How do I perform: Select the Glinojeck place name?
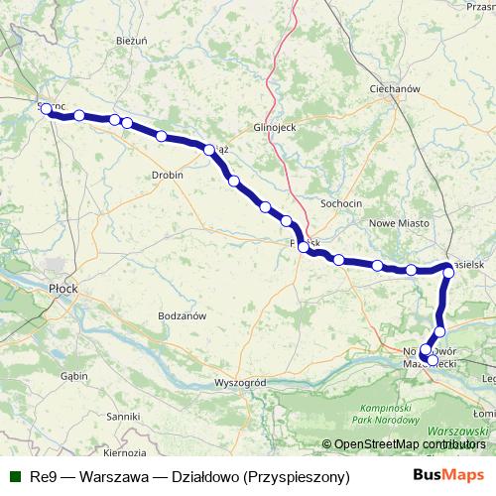coord(275,128)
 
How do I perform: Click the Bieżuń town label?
coord(131,41)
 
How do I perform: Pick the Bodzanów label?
coord(182,315)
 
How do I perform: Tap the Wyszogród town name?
coord(241,382)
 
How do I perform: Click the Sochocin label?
coord(341,203)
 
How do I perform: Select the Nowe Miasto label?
coord(396,225)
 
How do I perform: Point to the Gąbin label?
coord(73,377)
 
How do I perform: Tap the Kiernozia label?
coord(124,452)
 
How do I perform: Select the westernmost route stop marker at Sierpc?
coord(46,110)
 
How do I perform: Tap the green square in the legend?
coord(15,476)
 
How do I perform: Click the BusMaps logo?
coord(449,475)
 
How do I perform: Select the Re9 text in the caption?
coord(43,476)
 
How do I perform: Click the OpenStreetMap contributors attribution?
coord(409,445)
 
